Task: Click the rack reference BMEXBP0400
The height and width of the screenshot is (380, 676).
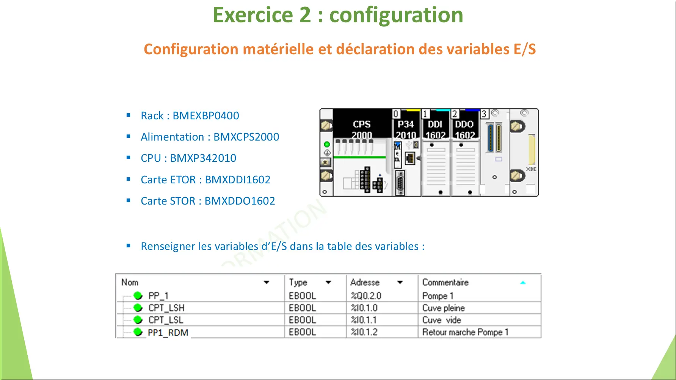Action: [x=206, y=116]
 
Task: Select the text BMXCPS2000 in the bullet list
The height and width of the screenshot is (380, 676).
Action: [x=246, y=137]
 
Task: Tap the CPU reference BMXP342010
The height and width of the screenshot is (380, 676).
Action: [x=203, y=158]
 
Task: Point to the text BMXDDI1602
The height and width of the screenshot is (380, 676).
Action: [x=238, y=180]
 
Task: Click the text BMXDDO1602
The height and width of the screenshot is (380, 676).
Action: [x=240, y=201]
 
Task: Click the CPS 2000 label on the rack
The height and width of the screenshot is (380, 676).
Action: [x=362, y=129]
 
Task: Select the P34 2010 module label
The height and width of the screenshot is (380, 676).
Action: [x=406, y=129]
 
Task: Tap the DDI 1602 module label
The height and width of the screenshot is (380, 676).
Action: [x=435, y=129]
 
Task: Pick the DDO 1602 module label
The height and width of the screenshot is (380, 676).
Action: [x=464, y=129]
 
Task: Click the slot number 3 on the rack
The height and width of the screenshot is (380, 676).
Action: [x=484, y=114]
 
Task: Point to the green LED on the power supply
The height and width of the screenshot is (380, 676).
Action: [x=327, y=144]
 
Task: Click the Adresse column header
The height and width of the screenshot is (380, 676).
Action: [x=365, y=282]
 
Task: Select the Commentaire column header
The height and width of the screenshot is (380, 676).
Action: [x=445, y=282]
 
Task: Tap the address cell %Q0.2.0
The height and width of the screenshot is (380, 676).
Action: [x=366, y=296]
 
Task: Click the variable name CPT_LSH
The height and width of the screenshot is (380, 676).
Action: [x=166, y=308]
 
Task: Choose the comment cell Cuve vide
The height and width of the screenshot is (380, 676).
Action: [x=442, y=320]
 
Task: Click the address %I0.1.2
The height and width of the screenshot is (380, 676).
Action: [x=364, y=332]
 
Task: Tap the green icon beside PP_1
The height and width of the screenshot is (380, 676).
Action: [x=138, y=296]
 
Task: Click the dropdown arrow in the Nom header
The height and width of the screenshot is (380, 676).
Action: [x=267, y=282]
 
